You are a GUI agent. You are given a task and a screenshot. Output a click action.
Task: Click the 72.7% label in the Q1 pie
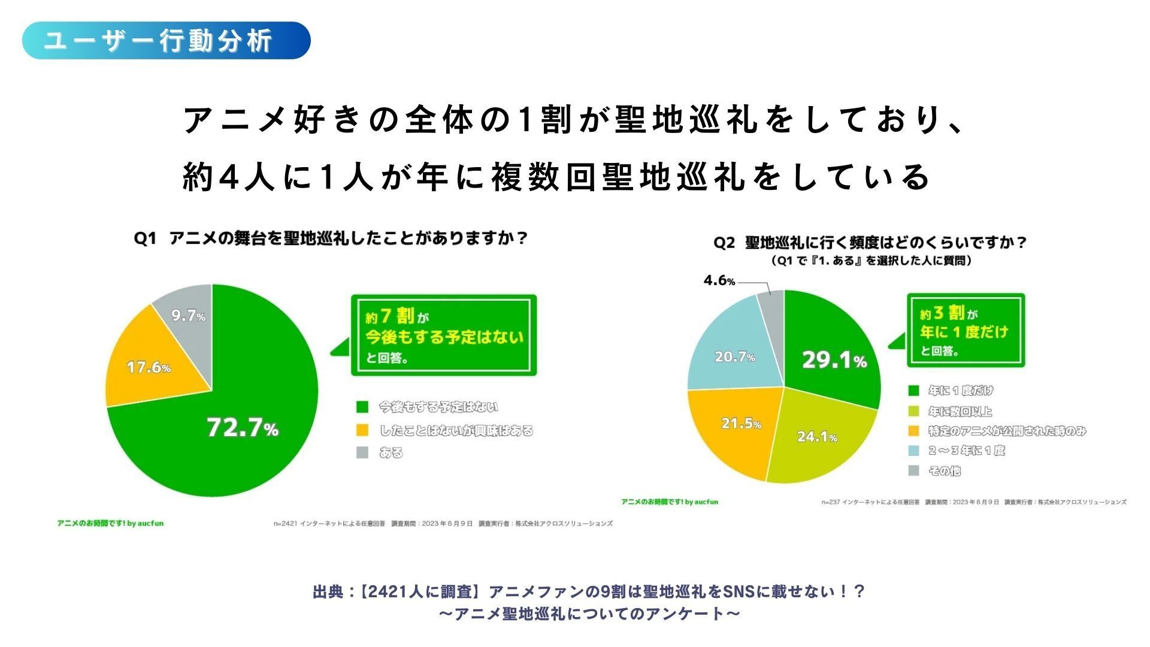[x=242, y=428]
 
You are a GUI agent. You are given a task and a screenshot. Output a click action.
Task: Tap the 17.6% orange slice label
[x=149, y=367]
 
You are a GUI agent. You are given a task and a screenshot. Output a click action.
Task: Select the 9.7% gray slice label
[x=188, y=316]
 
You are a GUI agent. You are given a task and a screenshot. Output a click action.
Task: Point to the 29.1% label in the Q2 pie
[x=834, y=361]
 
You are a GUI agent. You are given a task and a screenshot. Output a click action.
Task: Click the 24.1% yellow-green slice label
[x=817, y=437]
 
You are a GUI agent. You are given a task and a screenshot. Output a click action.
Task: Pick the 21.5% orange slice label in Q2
[x=741, y=424]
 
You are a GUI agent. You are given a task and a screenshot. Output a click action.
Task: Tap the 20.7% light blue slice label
[x=734, y=357]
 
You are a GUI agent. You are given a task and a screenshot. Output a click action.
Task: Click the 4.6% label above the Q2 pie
[x=719, y=280]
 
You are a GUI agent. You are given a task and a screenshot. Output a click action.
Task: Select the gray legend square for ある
[x=362, y=453]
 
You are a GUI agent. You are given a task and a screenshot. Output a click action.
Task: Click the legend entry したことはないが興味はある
[x=456, y=431]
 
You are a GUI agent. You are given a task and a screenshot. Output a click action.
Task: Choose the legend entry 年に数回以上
[x=960, y=412]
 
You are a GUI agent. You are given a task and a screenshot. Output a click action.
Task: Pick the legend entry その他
[x=944, y=471]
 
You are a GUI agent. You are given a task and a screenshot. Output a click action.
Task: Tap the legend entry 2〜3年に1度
[x=966, y=451]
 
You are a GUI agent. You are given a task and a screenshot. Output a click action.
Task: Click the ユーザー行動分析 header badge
[x=167, y=41]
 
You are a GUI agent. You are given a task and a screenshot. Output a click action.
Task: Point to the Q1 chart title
[x=331, y=238]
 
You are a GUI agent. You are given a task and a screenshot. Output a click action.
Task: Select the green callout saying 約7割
[x=443, y=335]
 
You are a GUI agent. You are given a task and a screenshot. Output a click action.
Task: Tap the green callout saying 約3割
[x=965, y=331]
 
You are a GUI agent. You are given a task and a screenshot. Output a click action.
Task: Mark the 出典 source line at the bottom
[x=589, y=592]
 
